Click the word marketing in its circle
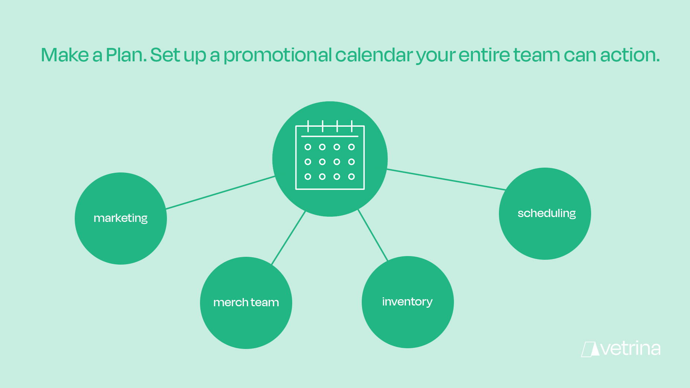(x=120, y=218)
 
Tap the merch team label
(x=246, y=302)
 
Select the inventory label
(x=407, y=301)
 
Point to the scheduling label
(x=546, y=213)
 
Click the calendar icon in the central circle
(x=330, y=155)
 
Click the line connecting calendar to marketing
(x=220, y=193)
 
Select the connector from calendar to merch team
(x=288, y=237)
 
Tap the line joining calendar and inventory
(x=373, y=235)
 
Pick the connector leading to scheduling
(x=446, y=180)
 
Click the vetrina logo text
(x=631, y=349)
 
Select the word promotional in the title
(x=277, y=55)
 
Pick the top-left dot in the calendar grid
(x=308, y=147)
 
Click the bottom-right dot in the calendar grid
(x=351, y=177)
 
